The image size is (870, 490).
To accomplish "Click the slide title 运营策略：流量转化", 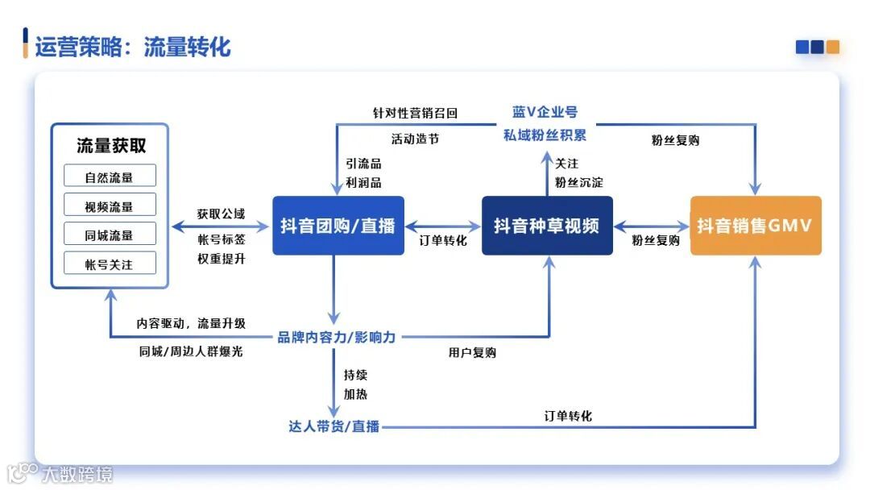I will coord(132,47).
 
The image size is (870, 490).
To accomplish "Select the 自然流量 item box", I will coord(110,176).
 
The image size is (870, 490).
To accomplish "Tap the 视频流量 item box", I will coord(110,206).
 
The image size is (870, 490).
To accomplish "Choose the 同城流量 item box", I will coord(110,235).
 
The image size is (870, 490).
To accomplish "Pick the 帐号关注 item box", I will coord(110,264).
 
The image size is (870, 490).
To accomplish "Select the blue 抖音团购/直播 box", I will coord(338,226).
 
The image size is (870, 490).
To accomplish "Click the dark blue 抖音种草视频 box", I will coord(547,226).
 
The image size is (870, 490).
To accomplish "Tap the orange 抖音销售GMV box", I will coord(756,226).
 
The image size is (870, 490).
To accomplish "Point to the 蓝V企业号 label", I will coord(545,112).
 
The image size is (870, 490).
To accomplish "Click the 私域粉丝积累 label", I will coord(545,135).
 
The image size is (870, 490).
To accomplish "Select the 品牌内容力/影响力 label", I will coord(337,337).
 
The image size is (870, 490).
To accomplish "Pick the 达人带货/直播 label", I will coord(334,426).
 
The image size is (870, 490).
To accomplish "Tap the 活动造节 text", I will coord(415,139).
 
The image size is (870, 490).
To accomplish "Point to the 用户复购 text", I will coord(472,353).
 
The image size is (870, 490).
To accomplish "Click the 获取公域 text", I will coord(221,214).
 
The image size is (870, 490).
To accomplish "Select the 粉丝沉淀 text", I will coord(578,182).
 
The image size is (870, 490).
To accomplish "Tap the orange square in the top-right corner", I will coord(833,47).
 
